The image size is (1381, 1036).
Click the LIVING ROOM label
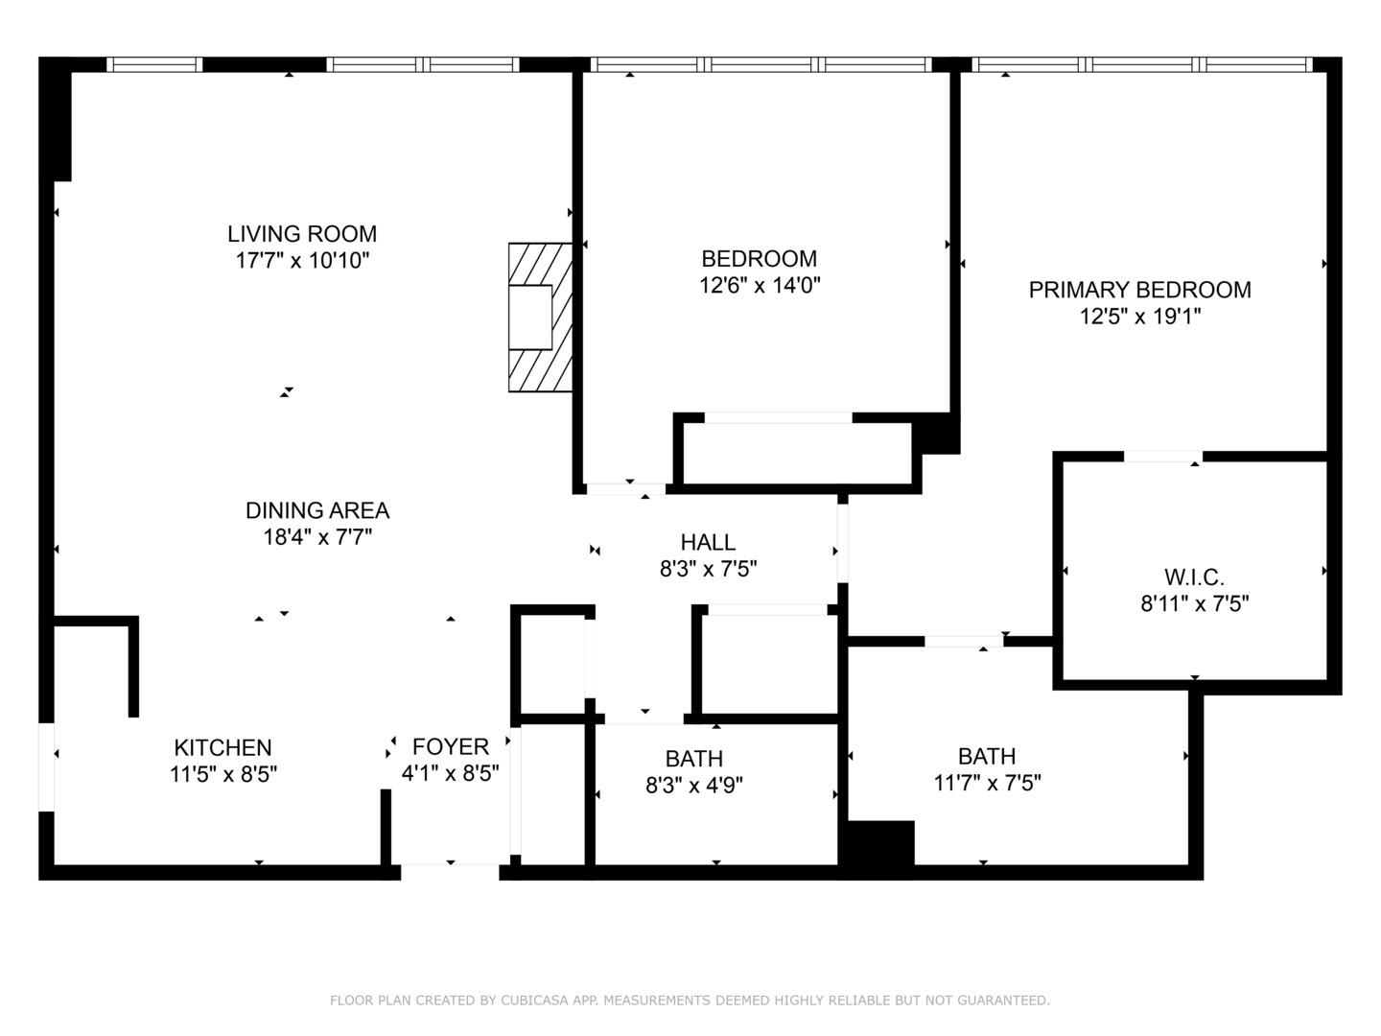point(302,234)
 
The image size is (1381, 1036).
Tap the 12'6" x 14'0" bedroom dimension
point(760,286)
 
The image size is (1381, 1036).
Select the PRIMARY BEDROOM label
point(1140,290)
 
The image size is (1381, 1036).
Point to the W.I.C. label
point(1194,577)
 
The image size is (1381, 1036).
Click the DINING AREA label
point(317,510)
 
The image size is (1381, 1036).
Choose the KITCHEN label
point(222,747)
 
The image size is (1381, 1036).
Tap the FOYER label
point(451,746)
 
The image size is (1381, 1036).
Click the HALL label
point(708,542)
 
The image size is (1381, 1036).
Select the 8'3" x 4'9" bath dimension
point(694,786)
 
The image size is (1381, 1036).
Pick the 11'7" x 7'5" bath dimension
point(987,783)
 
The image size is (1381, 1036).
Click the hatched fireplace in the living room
point(541,318)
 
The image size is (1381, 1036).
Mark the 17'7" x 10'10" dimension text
point(302,260)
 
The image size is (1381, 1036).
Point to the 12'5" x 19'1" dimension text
point(1140,316)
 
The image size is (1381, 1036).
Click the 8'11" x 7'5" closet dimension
point(1194,604)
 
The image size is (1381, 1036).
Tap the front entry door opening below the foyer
point(450,871)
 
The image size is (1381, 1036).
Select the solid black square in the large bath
point(881,843)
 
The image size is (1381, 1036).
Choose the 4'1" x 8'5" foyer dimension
point(451,773)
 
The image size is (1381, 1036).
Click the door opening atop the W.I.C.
point(1162,457)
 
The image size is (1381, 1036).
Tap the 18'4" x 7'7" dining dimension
point(317,537)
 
